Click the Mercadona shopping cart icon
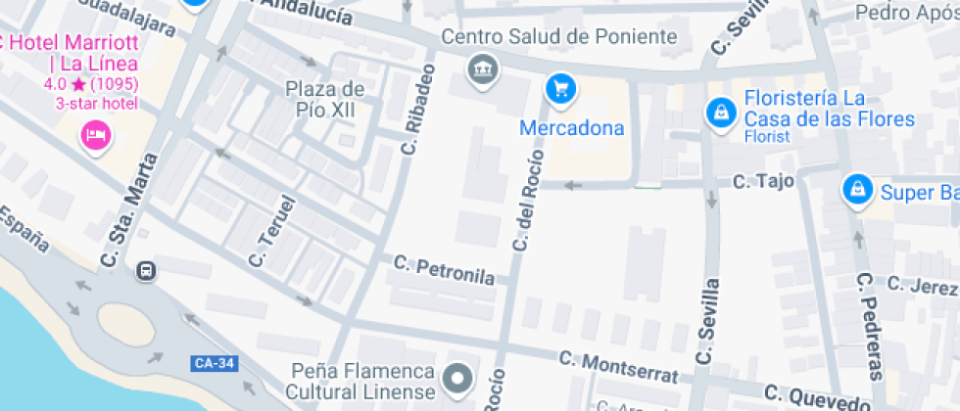560,89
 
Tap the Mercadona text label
571,128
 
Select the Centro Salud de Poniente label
559,37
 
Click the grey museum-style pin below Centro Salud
482,69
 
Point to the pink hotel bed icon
95,134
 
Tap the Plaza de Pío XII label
324,99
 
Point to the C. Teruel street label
271,233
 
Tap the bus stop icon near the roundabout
146,270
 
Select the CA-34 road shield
214,364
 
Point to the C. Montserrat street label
617,366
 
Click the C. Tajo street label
763,181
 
